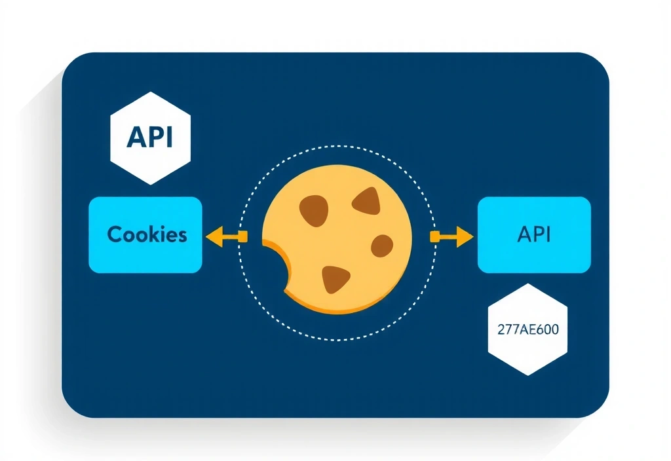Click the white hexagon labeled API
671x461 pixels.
pos(150,138)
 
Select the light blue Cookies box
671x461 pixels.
pos(145,234)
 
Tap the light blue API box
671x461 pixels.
pos(534,234)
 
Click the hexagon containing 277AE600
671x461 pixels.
pos(527,329)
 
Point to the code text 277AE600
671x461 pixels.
pos(527,329)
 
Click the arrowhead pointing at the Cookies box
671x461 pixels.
pos(213,236)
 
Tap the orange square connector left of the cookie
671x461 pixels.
pos(242,236)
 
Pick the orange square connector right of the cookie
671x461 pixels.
pos(434,236)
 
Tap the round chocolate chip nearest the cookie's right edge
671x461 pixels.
pos(381,246)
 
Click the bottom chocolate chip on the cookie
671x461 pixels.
pos(335,279)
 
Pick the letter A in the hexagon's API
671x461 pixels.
pos(135,138)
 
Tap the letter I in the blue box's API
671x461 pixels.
pos(548,234)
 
